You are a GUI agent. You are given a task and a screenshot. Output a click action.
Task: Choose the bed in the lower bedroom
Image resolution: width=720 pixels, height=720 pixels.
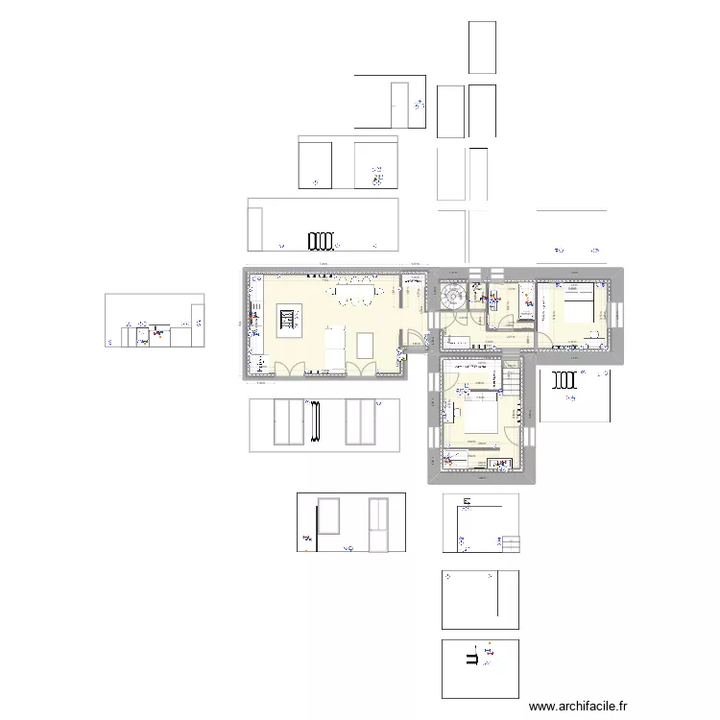[480, 420]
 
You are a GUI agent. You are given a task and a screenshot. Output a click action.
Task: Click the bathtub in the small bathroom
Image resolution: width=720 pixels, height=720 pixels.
[527, 300]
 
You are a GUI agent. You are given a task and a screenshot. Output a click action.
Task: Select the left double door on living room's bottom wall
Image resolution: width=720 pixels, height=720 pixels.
[288, 367]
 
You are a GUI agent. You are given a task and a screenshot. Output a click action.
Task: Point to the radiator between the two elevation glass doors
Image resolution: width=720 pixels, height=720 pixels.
[314, 420]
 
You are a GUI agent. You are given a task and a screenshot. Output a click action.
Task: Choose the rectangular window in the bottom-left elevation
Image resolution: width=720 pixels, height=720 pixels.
[328, 516]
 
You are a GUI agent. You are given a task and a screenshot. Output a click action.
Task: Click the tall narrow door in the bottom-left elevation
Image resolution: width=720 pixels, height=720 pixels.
[378, 525]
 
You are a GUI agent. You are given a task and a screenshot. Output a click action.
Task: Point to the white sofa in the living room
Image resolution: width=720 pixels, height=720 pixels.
[333, 347]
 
